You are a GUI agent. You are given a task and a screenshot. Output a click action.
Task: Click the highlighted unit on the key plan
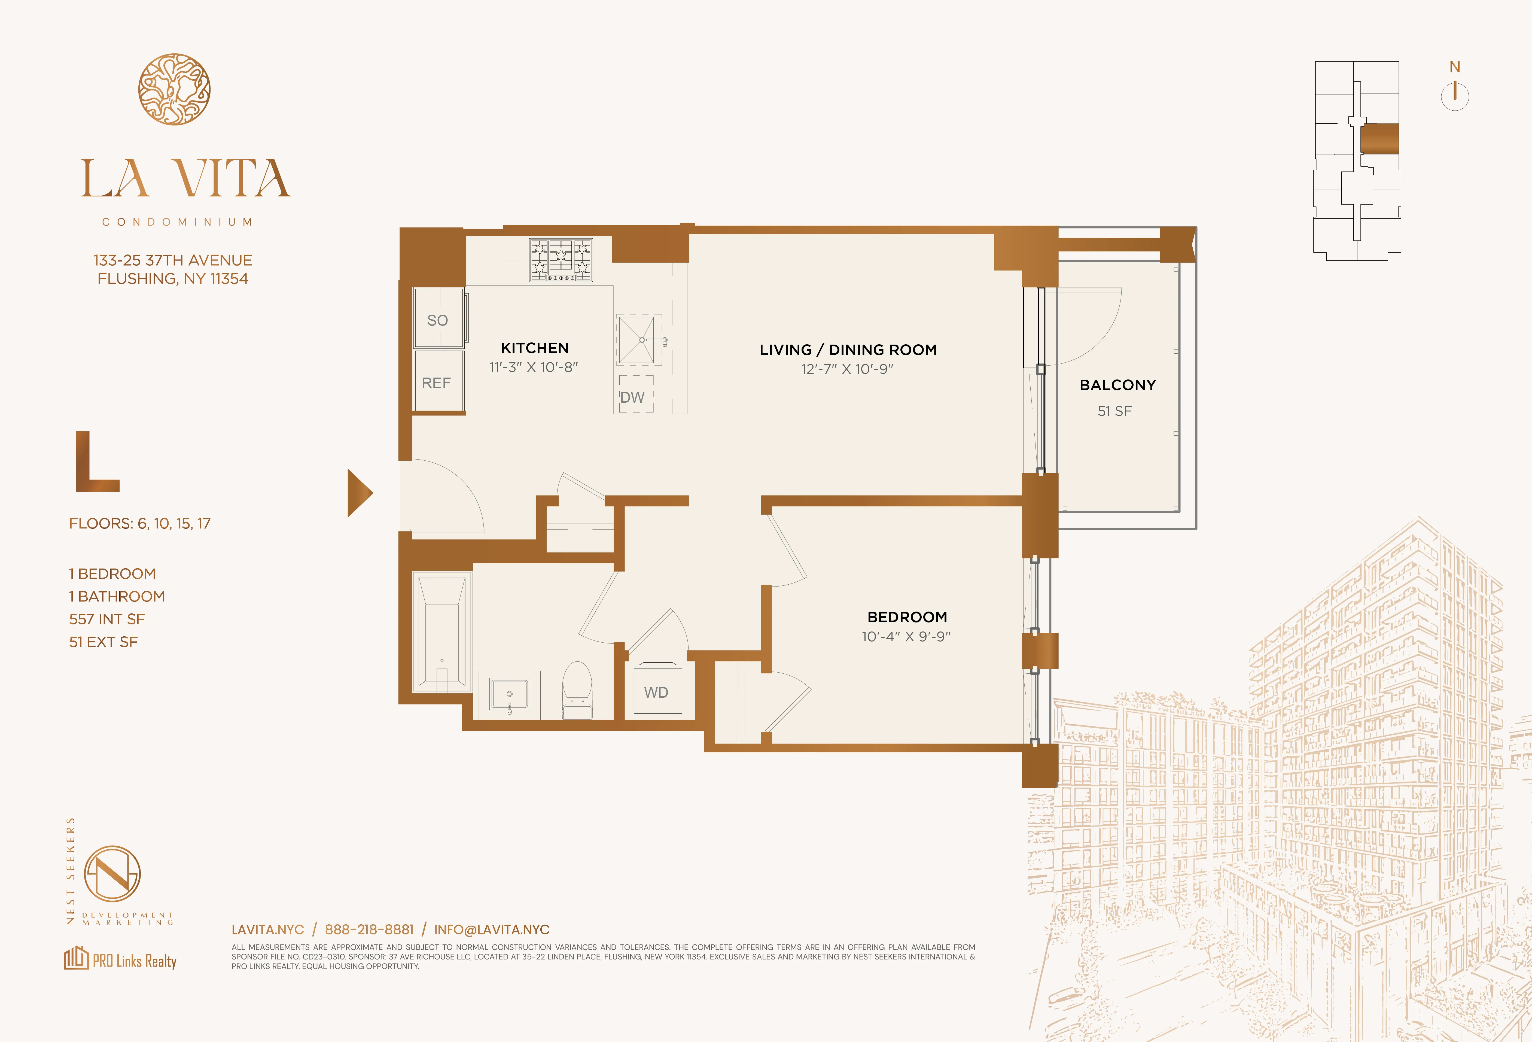pyautogui.click(x=1379, y=139)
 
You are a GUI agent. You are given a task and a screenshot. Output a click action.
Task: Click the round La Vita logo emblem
pyautogui.click(x=174, y=89)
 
